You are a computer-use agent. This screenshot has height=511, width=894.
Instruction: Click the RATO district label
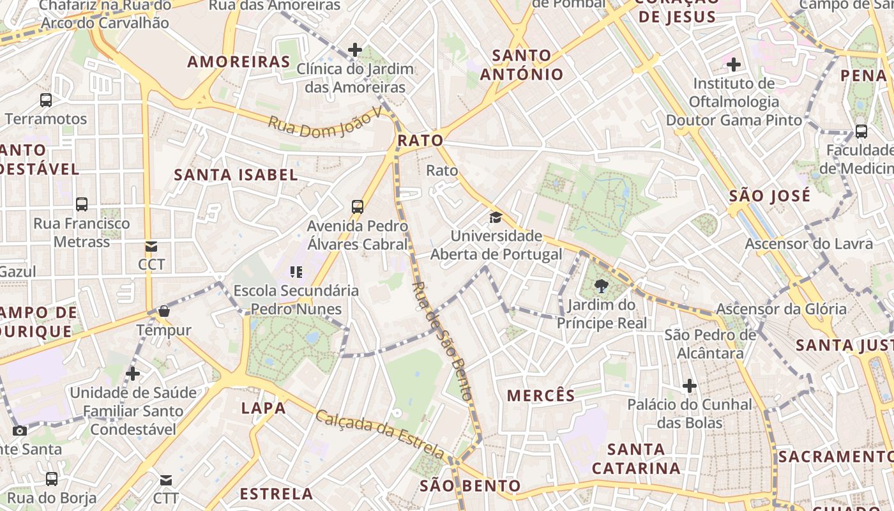420,141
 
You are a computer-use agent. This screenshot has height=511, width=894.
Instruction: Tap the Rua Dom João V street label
324,122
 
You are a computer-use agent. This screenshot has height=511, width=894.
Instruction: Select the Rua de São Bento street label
443,341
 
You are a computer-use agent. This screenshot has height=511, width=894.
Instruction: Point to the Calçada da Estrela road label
380,434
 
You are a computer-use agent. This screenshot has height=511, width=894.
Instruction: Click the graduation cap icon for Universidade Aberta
496,218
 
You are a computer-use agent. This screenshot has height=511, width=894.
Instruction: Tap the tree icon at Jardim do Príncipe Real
601,286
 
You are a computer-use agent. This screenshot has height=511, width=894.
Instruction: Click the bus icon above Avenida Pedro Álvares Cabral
358,207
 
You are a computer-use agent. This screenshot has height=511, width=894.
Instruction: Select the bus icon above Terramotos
46,100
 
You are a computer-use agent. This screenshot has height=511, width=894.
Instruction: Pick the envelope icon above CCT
151,247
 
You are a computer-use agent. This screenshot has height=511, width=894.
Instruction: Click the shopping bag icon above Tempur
164,312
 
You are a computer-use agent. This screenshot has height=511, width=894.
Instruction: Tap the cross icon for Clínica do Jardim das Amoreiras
355,50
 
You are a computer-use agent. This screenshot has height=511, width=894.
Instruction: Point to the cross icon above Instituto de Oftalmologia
734,65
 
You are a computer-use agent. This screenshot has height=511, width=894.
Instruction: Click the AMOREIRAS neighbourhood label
239,62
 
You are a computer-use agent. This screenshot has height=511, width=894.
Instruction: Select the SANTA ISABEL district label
236,175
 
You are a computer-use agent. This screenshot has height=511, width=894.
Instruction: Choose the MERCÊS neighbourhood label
541,396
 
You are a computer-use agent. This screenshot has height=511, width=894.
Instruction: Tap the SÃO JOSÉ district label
769,196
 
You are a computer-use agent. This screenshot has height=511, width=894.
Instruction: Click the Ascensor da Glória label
781,309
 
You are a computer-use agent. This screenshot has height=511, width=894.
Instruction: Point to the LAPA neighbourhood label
263,408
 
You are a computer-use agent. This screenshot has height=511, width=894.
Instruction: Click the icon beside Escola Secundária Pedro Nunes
296,273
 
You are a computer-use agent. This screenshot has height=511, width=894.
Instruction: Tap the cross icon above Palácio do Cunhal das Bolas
689,386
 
